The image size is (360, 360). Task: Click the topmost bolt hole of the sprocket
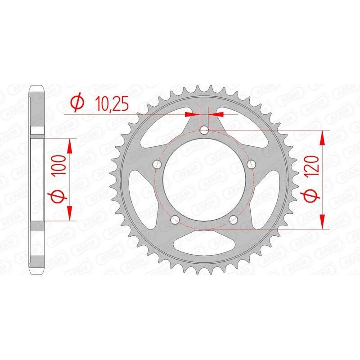click(x=204, y=131)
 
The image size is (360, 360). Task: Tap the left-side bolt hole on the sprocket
click(x=157, y=164)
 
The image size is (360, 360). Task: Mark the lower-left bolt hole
click(x=175, y=220)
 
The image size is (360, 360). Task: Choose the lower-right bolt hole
click(x=233, y=220)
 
